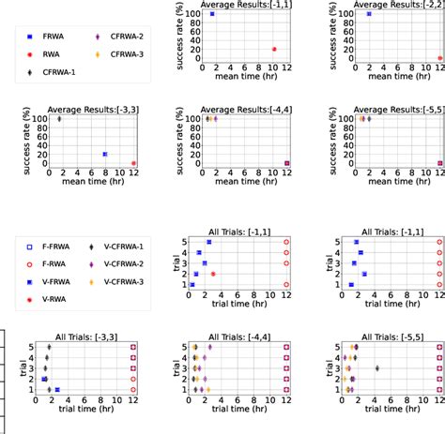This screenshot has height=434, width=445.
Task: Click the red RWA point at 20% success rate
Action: coord(274,49)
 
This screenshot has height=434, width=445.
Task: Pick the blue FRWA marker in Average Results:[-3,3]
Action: coord(105,154)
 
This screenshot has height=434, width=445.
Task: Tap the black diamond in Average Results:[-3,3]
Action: coord(59,118)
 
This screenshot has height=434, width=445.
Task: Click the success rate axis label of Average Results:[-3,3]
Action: coord(10,141)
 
